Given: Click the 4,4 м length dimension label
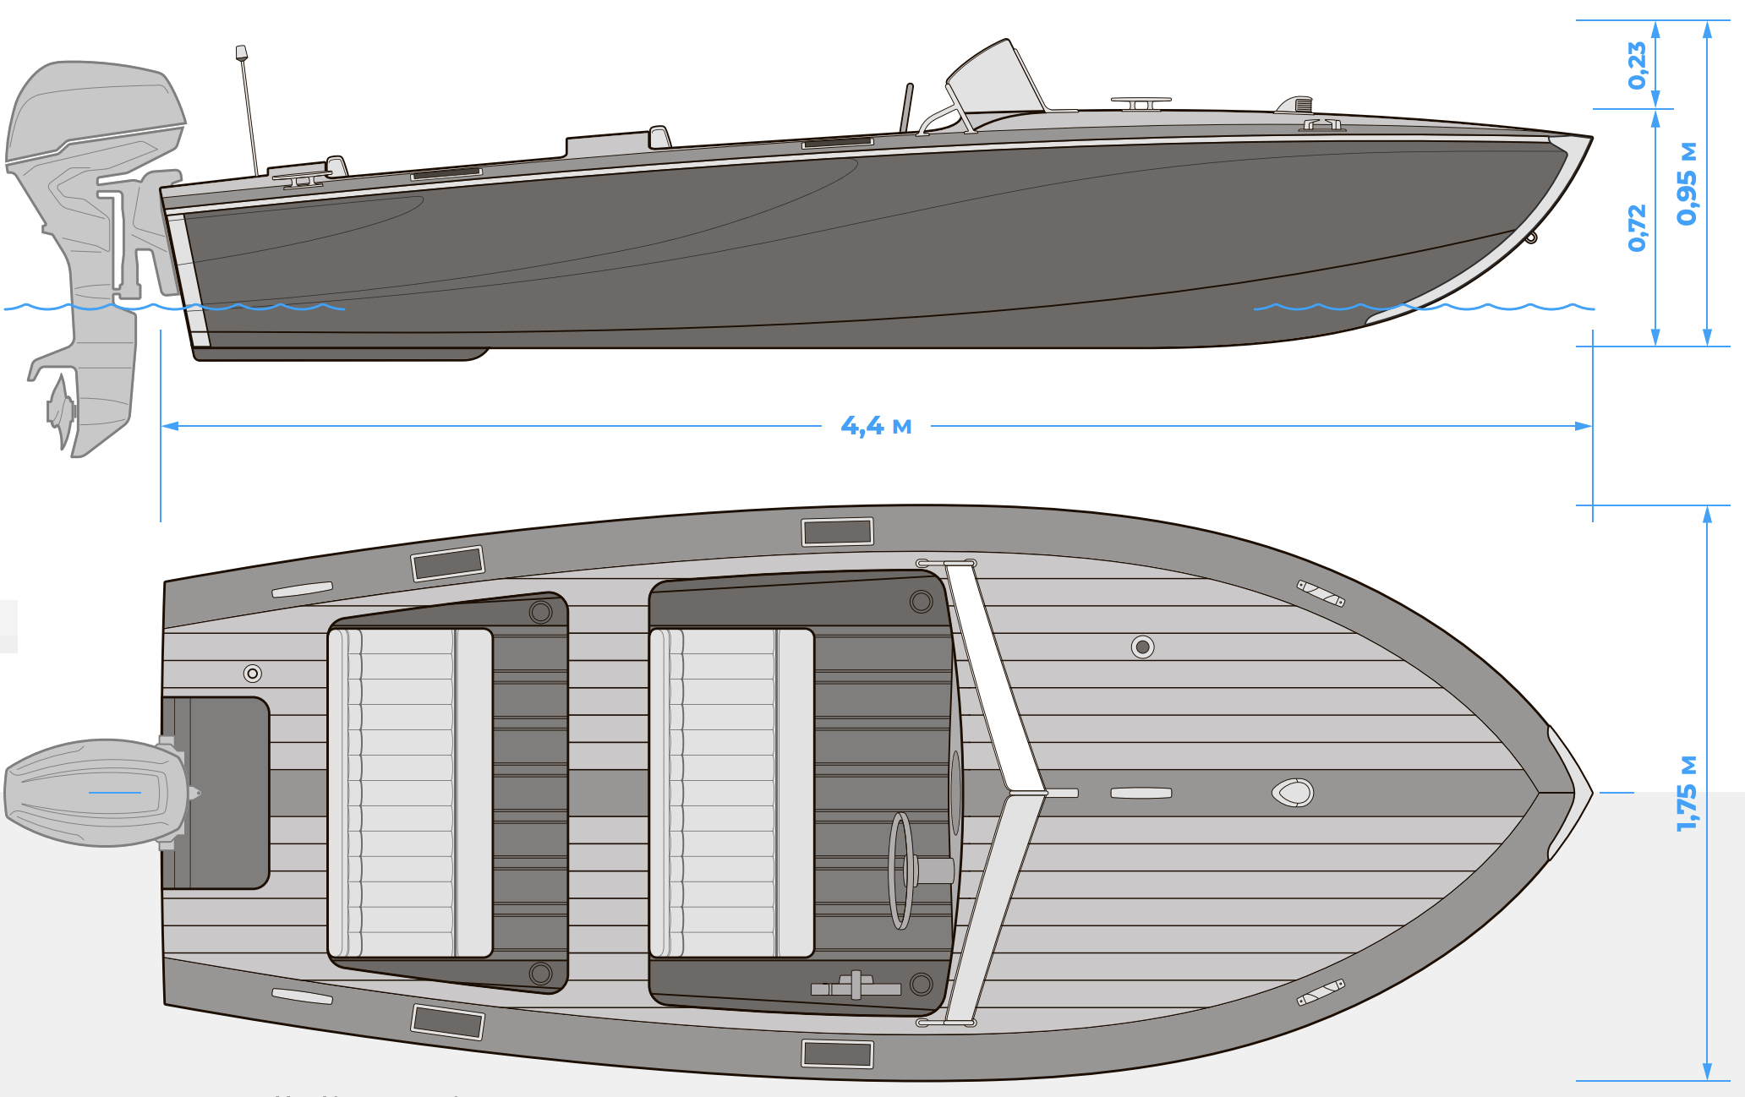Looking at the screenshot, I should tap(876, 426).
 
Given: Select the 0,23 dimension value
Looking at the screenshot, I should tap(1638, 65).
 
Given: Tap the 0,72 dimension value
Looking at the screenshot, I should tap(1638, 227).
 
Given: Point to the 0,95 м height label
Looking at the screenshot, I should tap(1687, 184).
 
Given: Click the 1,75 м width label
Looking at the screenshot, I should tap(1687, 793).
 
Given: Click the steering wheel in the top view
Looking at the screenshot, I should tap(901, 871).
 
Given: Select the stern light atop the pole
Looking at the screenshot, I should tap(242, 52).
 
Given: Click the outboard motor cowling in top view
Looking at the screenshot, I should tap(93, 793).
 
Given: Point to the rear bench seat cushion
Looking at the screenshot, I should tap(410, 793).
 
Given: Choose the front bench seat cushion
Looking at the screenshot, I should tap(731, 793).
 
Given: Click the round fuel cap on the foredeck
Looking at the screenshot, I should tap(1142, 647).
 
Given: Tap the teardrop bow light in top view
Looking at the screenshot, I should tap(1293, 793).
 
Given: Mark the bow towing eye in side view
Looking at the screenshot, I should tap(1530, 238).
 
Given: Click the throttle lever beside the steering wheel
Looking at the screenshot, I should tap(856, 986).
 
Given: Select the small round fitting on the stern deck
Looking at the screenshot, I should tap(252, 674).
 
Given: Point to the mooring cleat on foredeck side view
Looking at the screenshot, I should tap(1141, 103).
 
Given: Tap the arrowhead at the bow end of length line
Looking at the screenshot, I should tap(1583, 426).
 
